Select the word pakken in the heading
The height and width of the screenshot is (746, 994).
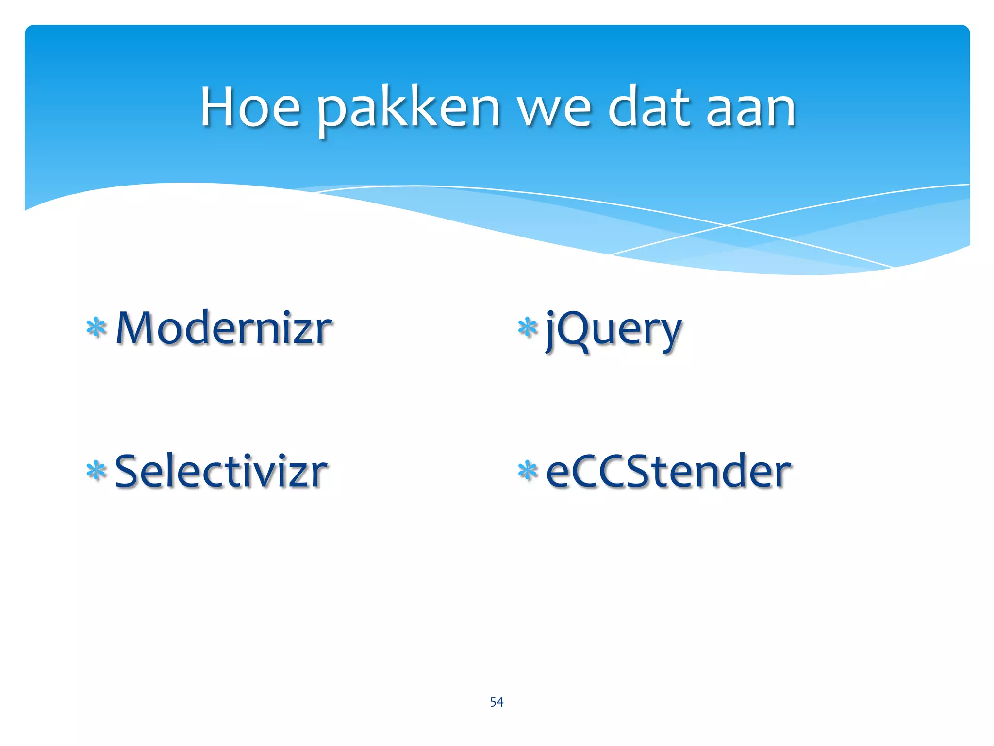coord(408,109)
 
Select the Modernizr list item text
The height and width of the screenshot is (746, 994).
coord(224,329)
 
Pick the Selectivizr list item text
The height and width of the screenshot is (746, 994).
coord(221,471)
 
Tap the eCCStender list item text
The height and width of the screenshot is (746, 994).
coord(668,471)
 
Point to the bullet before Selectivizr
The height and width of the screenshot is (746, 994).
coord(96,471)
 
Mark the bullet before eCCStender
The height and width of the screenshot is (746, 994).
coord(528,471)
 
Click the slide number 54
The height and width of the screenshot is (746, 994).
coord(497,702)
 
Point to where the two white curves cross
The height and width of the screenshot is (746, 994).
coord(727,225)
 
